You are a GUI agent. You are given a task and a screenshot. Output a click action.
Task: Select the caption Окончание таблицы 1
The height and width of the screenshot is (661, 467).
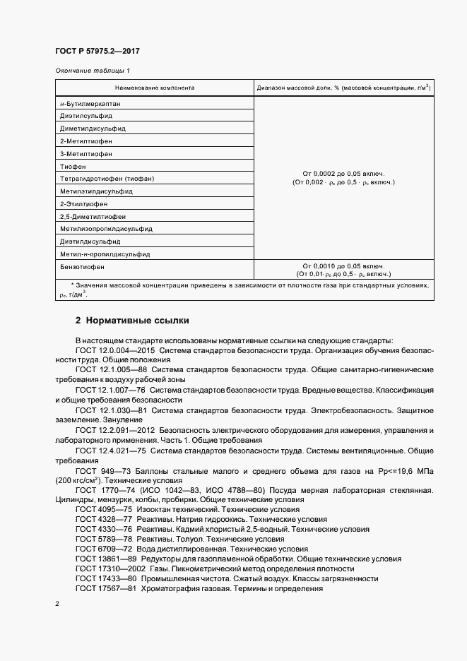click(x=93, y=71)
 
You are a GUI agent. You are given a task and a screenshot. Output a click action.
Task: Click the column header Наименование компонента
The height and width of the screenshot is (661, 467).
click(x=155, y=88)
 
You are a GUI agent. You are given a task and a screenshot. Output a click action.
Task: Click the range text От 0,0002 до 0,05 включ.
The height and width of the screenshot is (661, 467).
click(x=343, y=173)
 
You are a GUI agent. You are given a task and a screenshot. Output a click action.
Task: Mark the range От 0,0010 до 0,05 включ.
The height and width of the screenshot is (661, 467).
click(x=343, y=266)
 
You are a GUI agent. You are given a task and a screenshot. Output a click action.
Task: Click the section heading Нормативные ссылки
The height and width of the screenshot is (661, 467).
click(x=138, y=321)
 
